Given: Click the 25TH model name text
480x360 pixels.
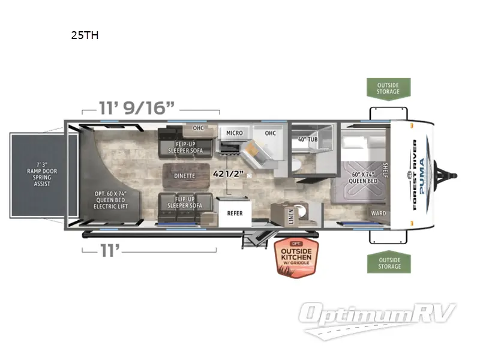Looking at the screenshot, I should pyautogui.click(x=85, y=35).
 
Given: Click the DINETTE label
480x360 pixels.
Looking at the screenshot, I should pyautogui.click(x=185, y=175).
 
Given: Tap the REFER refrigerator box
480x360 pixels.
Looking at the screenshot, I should pyautogui.click(x=235, y=212).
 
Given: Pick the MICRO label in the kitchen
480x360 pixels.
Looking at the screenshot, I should pyautogui.click(x=234, y=133).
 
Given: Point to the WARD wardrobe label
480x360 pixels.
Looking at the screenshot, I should pyautogui.click(x=379, y=213).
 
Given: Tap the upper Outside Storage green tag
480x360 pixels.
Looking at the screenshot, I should pyautogui.click(x=388, y=88).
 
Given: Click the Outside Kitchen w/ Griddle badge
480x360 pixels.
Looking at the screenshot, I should pyautogui.click(x=297, y=258).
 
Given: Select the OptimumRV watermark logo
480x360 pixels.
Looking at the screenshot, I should pyautogui.click(x=379, y=316).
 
